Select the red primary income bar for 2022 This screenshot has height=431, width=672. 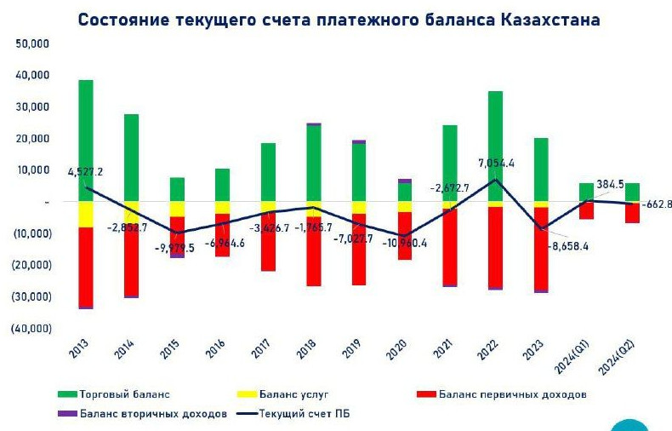point(495,247)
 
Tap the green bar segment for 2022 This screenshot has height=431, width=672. point(495,145)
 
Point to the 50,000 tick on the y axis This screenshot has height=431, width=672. point(31,43)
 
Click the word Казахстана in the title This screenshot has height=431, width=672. point(548,19)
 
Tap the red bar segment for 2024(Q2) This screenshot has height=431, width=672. point(633,212)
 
